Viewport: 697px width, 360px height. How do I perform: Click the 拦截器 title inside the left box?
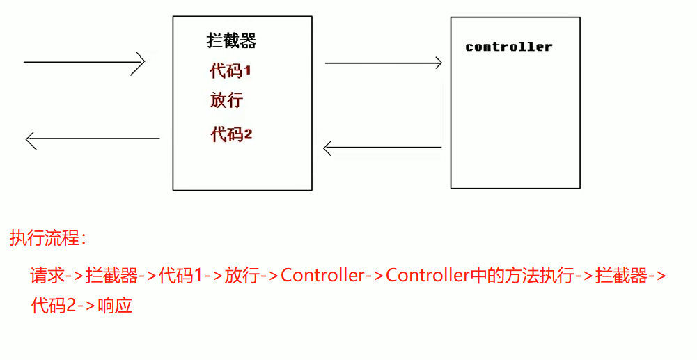pos(232,40)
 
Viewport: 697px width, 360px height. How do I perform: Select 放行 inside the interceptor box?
pos(226,100)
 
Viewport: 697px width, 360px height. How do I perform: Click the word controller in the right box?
pos(508,47)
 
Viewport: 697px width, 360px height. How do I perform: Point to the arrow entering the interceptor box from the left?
pos(84,62)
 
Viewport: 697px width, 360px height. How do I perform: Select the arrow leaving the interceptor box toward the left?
pos(93,139)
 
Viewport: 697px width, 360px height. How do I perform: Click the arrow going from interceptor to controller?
pos(383,63)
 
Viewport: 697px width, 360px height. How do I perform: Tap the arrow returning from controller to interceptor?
pos(382,148)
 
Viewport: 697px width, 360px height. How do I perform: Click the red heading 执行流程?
pos(47,239)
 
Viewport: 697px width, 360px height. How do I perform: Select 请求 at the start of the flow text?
pos(47,276)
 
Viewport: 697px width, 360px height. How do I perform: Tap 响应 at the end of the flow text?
pos(115,305)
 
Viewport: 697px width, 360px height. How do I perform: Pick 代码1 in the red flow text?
pos(180,276)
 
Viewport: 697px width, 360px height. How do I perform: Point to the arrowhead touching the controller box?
pos(438,63)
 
